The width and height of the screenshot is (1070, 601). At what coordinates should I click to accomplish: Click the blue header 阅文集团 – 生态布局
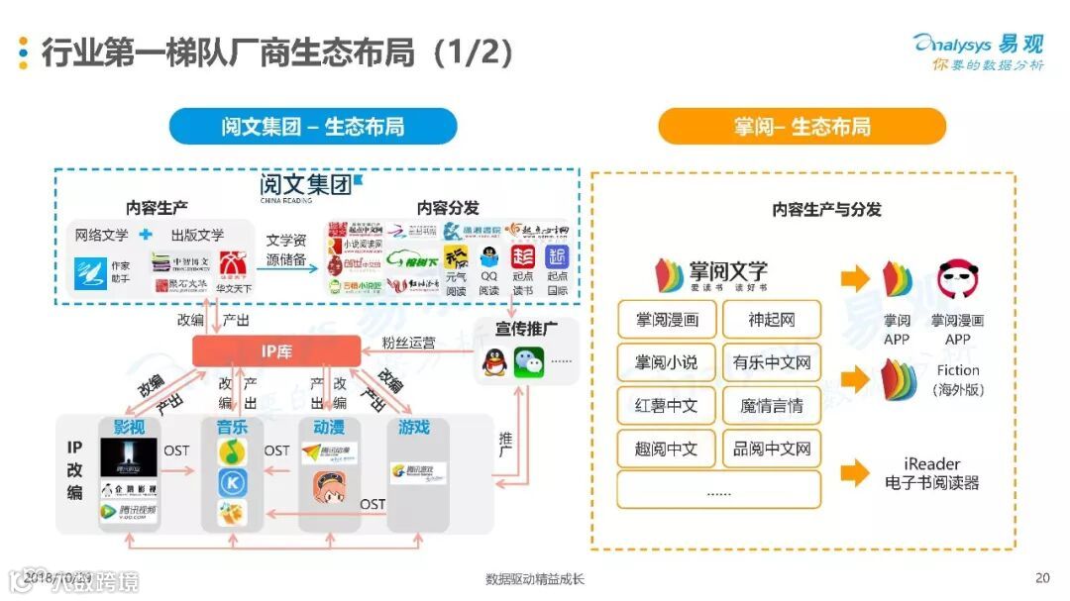tap(313, 127)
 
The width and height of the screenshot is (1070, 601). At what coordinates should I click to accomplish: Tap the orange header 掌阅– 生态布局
tap(802, 127)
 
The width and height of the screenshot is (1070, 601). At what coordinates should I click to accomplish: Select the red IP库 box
tap(276, 351)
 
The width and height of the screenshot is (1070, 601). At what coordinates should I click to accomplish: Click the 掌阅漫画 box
tap(667, 320)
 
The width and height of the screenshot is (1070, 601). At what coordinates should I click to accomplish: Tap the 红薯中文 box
tap(667, 406)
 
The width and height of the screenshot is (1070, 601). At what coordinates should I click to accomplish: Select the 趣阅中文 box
tap(667, 449)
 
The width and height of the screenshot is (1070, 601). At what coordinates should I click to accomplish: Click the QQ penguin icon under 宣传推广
tap(493, 362)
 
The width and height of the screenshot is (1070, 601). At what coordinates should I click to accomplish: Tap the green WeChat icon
tap(528, 361)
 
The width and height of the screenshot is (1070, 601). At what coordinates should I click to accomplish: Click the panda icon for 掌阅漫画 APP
tap(957, 280)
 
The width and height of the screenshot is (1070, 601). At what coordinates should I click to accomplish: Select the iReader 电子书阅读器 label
tap(931, 474)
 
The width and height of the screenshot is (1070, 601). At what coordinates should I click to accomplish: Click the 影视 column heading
tap(129, 427)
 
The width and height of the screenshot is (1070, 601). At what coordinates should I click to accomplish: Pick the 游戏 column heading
tap(414, 427)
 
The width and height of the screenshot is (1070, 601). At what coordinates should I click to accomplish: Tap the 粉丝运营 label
tap(408, 343)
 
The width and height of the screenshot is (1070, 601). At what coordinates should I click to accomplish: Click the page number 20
tap(1041, 578)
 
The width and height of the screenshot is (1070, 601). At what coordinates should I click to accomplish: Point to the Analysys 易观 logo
tap(979, 51)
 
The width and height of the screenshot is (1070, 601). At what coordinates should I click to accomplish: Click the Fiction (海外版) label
tap(957, 380)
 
